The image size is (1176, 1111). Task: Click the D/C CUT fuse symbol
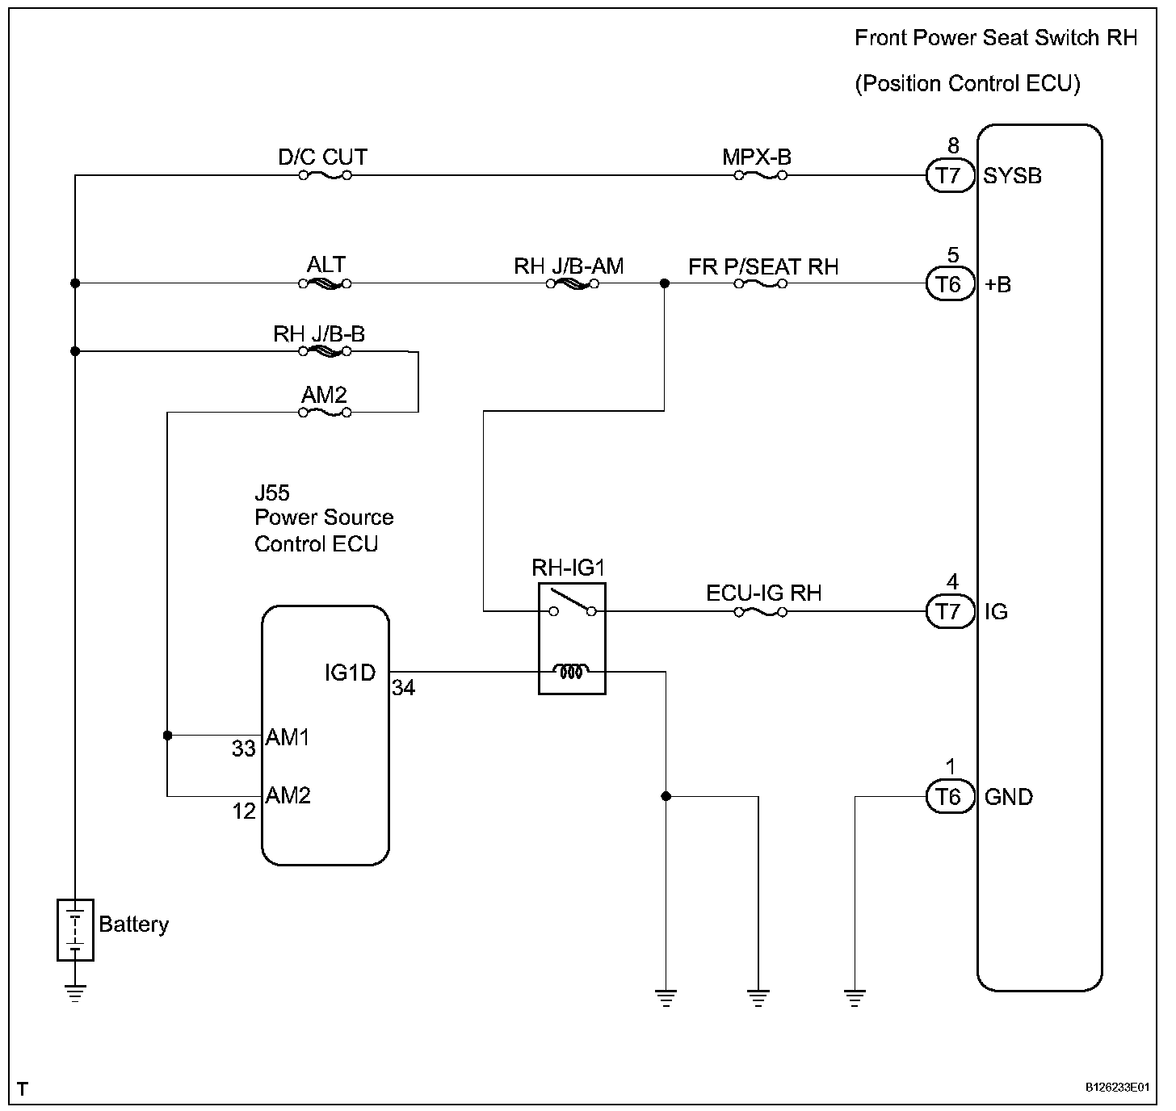point(324,174)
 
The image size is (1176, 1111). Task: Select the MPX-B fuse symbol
point(760,174)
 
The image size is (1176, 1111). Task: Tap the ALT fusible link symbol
point(324,283)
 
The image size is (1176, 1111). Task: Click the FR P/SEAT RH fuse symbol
point(760,283)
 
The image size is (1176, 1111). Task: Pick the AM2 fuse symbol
point(324,413)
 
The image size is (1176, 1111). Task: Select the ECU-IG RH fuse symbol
point(760,612)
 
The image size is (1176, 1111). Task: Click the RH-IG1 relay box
point(572,639)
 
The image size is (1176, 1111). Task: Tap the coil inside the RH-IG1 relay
point(571,670)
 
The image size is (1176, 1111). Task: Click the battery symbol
point(75,929)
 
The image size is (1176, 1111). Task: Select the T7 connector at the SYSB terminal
point(950,175)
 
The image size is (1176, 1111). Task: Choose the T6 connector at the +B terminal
point(950,284)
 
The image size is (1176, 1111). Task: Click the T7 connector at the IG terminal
point(950,612)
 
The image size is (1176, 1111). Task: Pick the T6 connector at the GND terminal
point(950,798)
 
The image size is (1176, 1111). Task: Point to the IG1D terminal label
point(350,672)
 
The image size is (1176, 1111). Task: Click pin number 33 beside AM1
point(244,749)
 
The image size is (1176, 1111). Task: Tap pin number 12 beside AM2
point(244,811)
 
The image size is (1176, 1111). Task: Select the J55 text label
point(272,493)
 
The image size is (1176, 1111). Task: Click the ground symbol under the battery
point(75,992)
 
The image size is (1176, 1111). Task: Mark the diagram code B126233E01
point(1117,1088)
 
